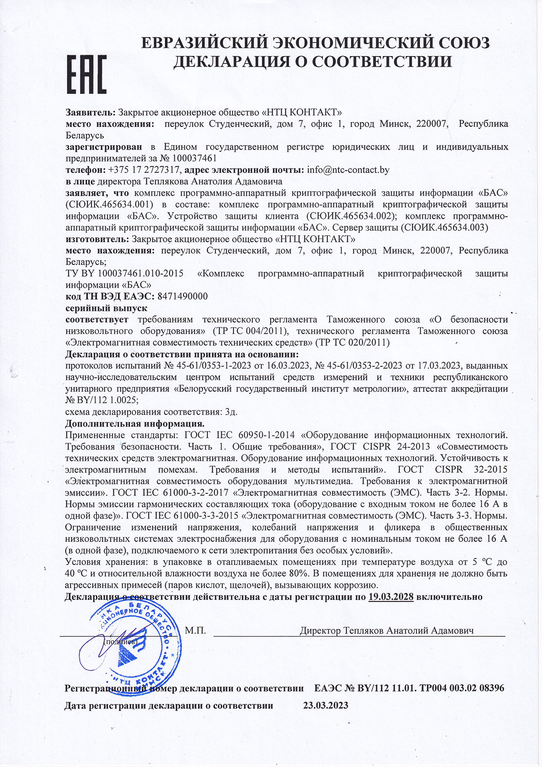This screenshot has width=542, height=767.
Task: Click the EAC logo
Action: [x=87, y=74]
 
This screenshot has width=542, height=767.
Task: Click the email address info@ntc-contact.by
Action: [x=348, y=170]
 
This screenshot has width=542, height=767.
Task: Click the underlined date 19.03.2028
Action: [x=391, y=597]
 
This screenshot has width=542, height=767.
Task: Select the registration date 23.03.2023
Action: [x=326, y=705]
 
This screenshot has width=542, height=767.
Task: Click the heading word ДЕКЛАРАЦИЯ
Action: [x=230, y=61]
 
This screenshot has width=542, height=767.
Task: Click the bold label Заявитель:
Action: [x=91, y=112]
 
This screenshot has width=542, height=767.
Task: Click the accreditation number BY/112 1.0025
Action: [x=107, y=400]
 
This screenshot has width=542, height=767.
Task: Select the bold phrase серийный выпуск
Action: [x=106, y=308]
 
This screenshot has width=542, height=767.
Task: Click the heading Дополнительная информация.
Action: [x=135, y=423]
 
